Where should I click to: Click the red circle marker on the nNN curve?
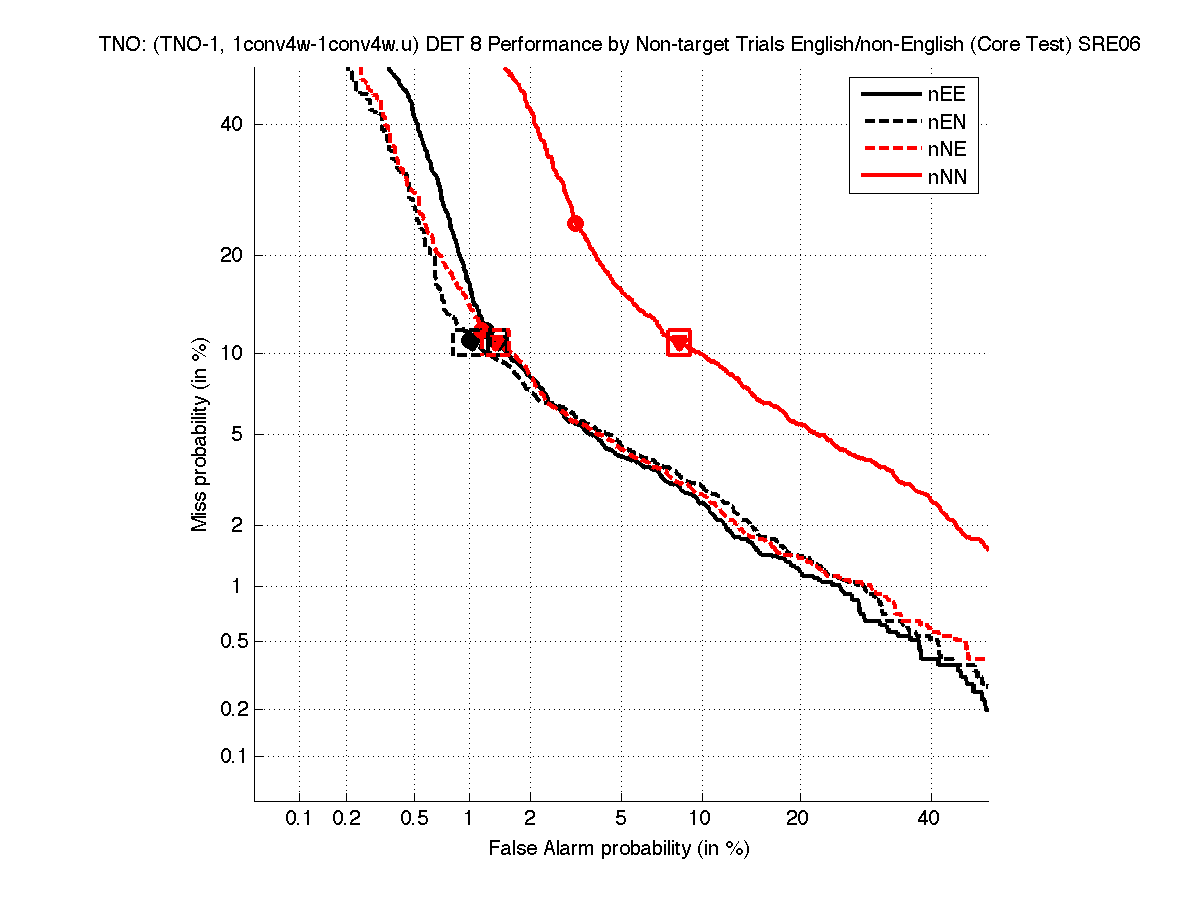pos(575,223)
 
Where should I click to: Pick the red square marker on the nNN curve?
pos(679,342)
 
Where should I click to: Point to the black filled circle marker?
pos(470,341)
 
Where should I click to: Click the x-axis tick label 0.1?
pos(300,819)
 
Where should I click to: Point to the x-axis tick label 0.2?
pos(347,819)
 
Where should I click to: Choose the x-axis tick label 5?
pos(621,819)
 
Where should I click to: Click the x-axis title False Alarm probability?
pos(619,849)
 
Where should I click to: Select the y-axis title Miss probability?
pos(200,433)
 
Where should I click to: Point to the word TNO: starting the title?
pos(122,45)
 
